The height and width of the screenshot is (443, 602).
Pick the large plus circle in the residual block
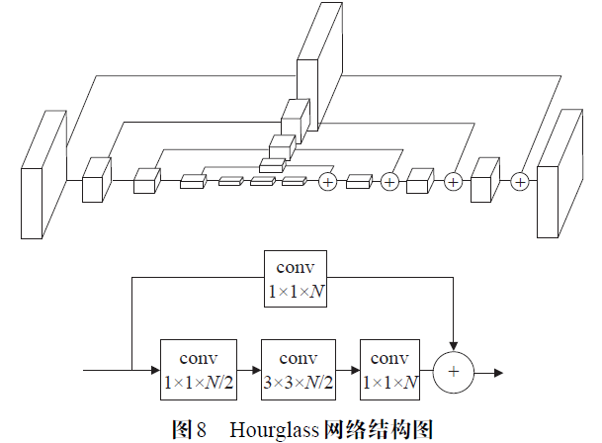pos(454,372)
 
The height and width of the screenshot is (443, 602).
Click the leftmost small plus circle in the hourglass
pos(328,181)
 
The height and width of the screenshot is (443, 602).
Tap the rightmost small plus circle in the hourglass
pos(520,181)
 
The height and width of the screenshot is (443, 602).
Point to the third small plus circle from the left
pos(453,181)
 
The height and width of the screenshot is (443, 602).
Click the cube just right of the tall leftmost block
pos(96,180)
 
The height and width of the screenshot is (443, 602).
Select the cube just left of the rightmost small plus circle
pos(484,180)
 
